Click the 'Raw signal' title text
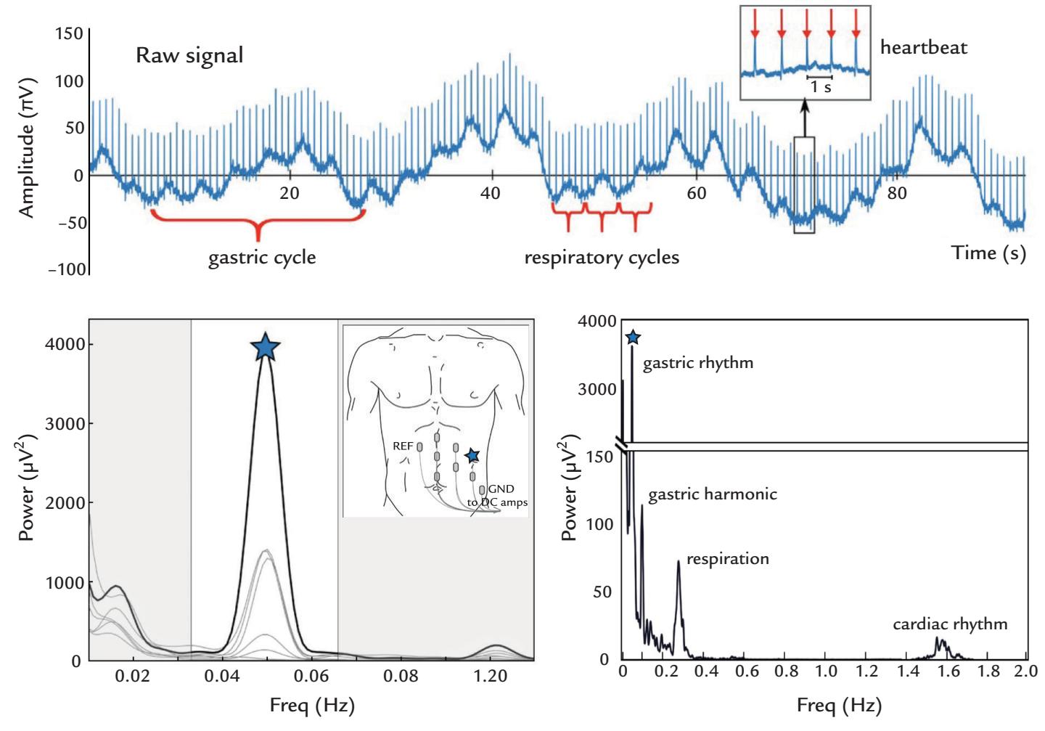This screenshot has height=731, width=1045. [x=189, y=56]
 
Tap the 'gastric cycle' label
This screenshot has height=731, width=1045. [x=262, y=258]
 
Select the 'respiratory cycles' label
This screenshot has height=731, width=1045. [x=602, y=258]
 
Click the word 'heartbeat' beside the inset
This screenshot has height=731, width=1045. [x=924, y=48]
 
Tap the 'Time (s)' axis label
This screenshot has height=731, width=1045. [x=988, y=253]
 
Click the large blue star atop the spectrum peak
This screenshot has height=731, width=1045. [x=266, y=348]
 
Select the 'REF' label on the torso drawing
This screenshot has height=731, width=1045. [x=403, y=447]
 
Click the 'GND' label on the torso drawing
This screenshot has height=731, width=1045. [x=501, y=491]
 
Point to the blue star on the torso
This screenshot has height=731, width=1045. [x=472, y=456]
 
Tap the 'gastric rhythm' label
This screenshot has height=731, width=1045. [x=697, y=363]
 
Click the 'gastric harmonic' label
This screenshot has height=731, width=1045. [x=712, y=494]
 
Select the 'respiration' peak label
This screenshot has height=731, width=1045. [x=727, y=559]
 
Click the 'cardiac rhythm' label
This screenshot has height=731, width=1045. [x=950, y=624]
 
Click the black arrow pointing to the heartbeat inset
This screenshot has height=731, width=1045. [x=804, y=116]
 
